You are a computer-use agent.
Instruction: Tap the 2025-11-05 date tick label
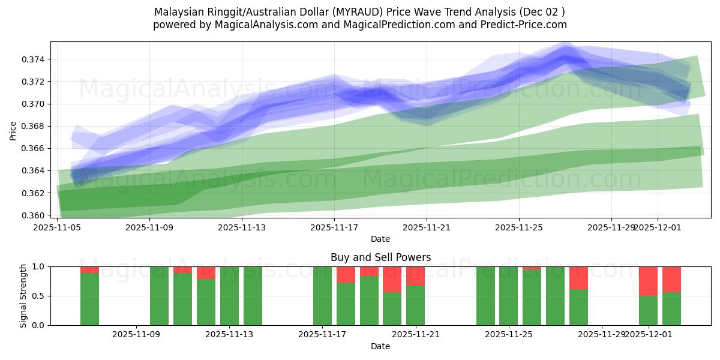tap(57, 227)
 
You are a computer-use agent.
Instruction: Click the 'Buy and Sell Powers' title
tap(380, 257)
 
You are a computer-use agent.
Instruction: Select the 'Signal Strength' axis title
tap(23, 296)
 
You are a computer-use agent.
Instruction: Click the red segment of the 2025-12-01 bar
tap(648, 281)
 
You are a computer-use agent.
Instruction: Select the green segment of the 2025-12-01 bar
tap(648, 310)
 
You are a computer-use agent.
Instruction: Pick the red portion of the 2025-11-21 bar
tap(415, 276)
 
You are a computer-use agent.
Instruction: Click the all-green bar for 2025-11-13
tap(229, 296)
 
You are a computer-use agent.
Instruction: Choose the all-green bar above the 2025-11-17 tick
tap(322, 296)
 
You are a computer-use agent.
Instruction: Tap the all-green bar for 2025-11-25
tap(508, 296)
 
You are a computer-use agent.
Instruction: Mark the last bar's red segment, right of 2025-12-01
tap(671, 279)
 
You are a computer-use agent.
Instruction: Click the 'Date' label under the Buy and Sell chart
tap(380, 346)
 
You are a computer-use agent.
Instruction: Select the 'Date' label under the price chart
tap(380, 239)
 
